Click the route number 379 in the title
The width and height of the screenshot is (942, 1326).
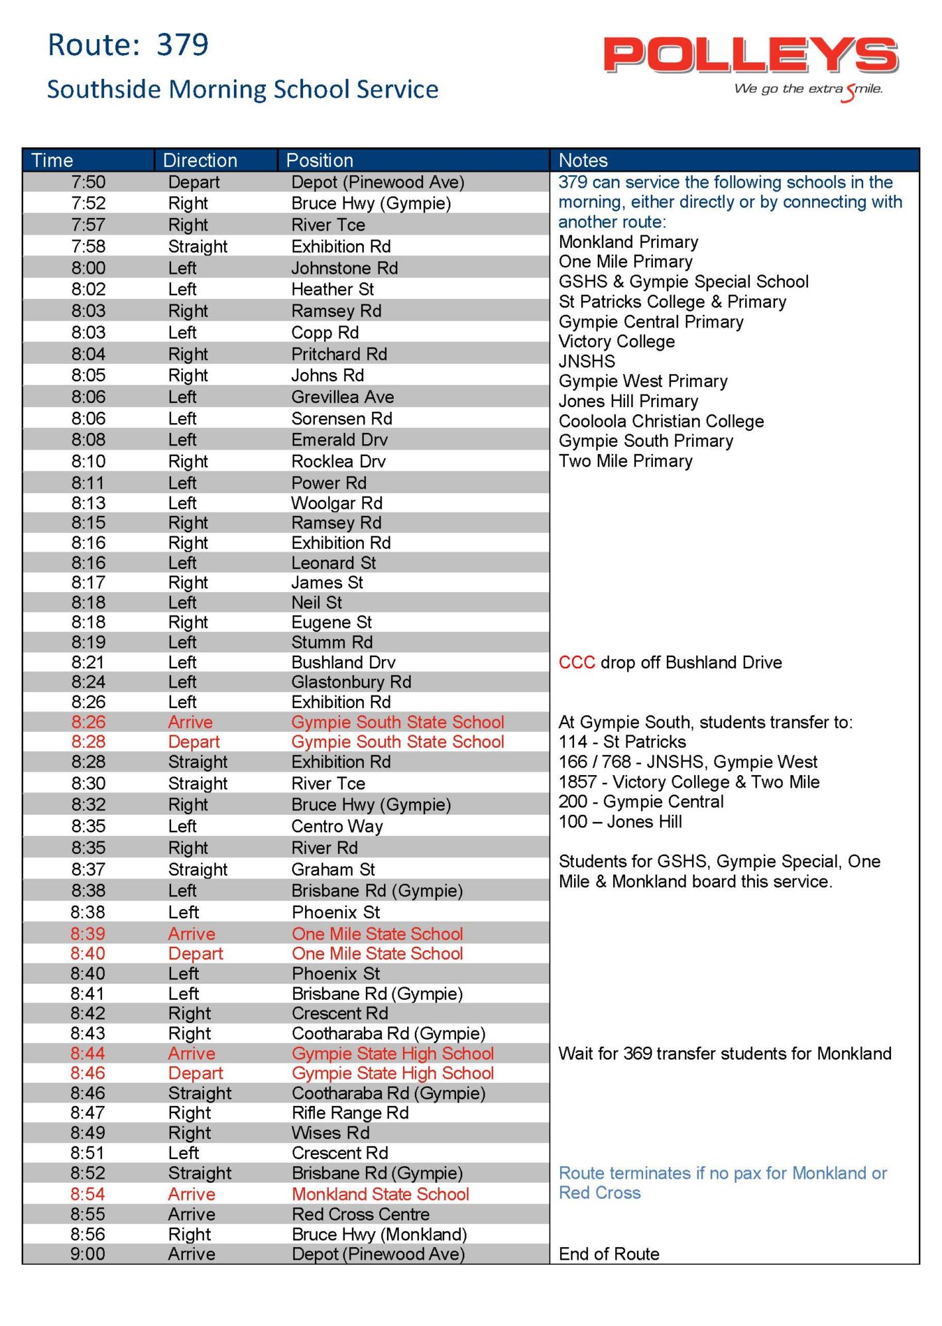pyautogui.click(x=182, y=45)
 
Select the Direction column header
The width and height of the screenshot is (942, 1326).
pyautogui.click(x=200, y=160)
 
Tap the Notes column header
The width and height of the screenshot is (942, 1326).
pyautogui.click(x=583, y=160)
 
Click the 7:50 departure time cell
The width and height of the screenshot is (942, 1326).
pyautogui.click(x=88, y=182)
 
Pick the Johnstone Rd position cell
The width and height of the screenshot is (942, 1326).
pyautogui.click(x=344, y=268)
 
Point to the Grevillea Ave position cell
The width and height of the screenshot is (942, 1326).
pyautogui.click(x=342, y=397)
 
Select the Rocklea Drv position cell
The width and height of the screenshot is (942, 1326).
pyautogui.click(x=338, y=461)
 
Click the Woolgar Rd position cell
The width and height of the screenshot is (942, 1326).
pyautogui.click(x=337, y=503)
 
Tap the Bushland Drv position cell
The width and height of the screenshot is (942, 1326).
pyautogui.click(x=343, y=662)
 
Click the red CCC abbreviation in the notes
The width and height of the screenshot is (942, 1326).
pyautogui.click(x=576, y=662)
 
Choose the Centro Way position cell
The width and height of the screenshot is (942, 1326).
pyautogui.click(x=337, y=826)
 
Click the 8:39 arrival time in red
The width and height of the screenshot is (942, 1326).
pyautogui.click(x=88, y=934)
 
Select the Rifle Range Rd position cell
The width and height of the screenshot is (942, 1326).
pyautogui.click(x=350, y=1113)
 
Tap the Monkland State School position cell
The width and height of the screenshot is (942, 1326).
pyautogui.click(x=381, y=1194)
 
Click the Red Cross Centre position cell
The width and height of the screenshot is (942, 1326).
pyautogui.click(x=361, y=1214)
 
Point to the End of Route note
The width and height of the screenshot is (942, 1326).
pyautogui.click(x=609, y=1254)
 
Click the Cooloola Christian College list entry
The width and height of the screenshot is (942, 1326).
pyautogui.click(x=661, y=421)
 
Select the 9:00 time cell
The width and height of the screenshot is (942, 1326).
pyautogui.click(x=88, y=1254)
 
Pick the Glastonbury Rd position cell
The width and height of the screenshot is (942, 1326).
pyautogui.click(x=351, y=682)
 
